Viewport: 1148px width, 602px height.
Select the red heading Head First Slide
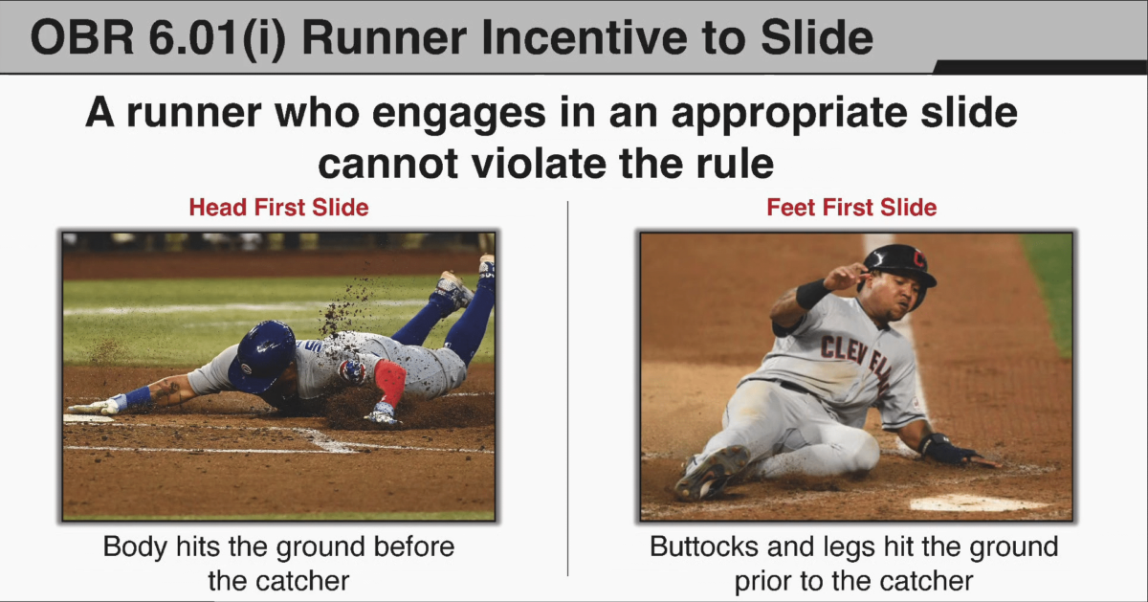(x=278, y=207)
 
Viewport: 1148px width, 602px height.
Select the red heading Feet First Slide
(x=851, y=207)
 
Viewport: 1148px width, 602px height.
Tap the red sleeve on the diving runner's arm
(x=389, y=382)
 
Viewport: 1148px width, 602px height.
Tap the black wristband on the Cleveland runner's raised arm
(x=813, y=293)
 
